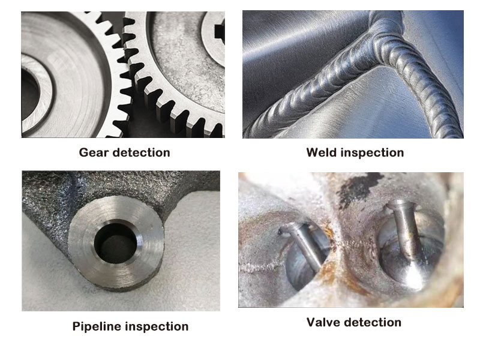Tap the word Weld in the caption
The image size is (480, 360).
tap(322, 152)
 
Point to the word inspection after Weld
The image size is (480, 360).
tap(373, 153)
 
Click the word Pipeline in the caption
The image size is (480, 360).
tap(97, 326)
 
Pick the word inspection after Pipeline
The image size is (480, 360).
tap(157, 327)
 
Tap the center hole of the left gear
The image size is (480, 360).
tap(30, 95)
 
